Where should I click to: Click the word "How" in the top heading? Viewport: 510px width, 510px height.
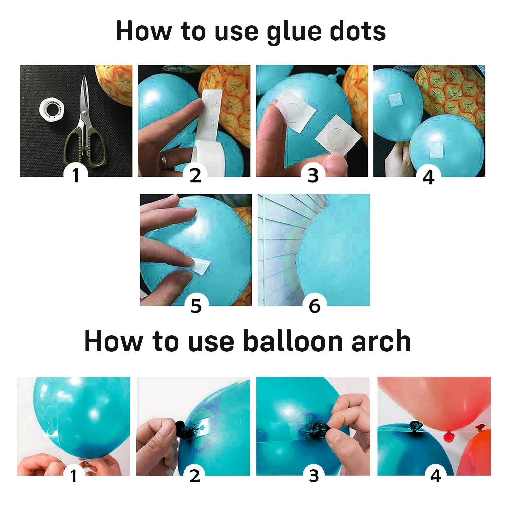[143, 31]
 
